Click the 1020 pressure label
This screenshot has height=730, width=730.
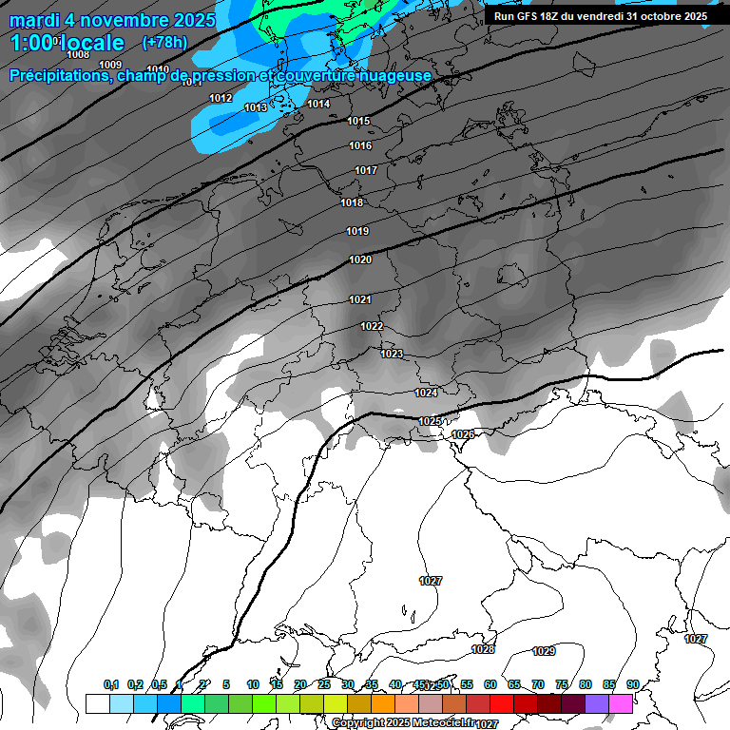[x=359, y=259]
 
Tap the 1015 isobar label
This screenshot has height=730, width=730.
[x=358, y=121]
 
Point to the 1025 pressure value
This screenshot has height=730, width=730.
[x=430, y=421]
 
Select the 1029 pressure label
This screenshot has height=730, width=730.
[x=544, y=651]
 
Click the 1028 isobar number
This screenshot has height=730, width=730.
[x=483, y=649]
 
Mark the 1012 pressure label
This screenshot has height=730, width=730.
[x=221, y=98]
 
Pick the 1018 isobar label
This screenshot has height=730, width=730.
[x=352, y=202]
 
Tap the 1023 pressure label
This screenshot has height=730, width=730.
[x=392, y=354]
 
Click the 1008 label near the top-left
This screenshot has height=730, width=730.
[x=79, y=54]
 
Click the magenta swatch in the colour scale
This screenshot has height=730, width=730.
[x=621, y=703]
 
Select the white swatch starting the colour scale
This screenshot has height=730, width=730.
[x=97, y=703]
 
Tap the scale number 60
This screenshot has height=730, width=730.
[x=490, y=684]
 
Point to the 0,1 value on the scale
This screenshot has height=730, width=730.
[x=111, y=684]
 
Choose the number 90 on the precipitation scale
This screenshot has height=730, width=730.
[x=633, y=684]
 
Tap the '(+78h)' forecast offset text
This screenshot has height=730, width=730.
[x=164, y=42]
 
